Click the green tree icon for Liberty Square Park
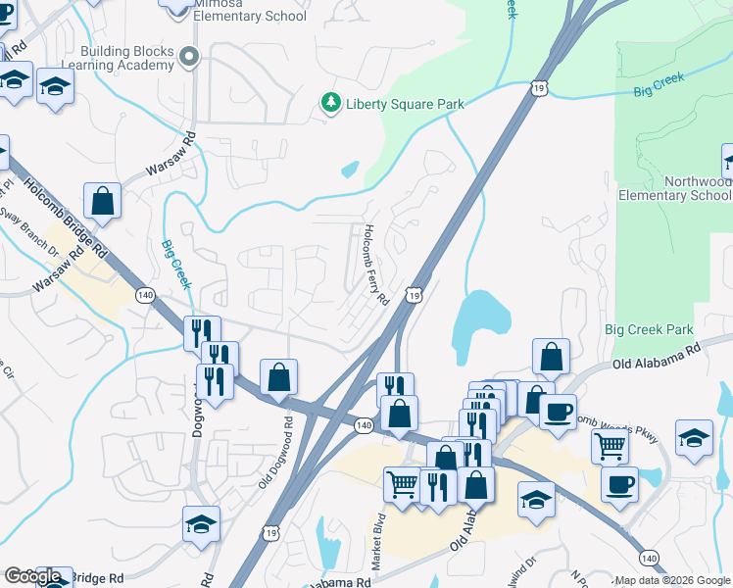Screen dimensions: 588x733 [x=331, y=103]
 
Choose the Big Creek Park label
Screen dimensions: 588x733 [x=649, y=330]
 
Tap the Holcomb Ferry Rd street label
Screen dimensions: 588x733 [x=376, y=264]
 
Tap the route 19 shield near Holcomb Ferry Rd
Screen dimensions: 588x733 [x=415, y=294]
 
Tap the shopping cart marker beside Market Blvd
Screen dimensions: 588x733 [x=403, y=483]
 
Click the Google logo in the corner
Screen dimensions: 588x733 [x=32, y=576]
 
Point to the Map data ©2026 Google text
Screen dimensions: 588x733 [x=672, y=580]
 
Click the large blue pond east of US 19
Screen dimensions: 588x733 [x=481, y=323]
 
